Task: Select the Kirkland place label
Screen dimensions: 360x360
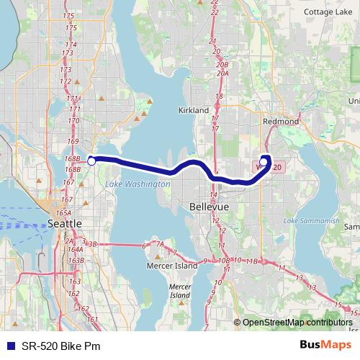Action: [193, 110]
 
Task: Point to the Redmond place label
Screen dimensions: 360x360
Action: [281, 122]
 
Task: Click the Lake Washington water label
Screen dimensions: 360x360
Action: [138, 185]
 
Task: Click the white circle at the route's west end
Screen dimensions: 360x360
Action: [91, 161]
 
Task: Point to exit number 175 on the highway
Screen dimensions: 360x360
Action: [70, 15]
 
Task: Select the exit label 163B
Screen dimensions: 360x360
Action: [77, 259]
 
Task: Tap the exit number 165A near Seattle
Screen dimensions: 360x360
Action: [63, 213]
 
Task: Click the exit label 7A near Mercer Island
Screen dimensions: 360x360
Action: [161, 243]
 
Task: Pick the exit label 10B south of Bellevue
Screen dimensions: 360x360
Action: [224, 260]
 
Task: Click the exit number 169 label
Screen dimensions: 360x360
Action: [72, 141]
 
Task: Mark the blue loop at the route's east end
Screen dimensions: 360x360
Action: [265, 163]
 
